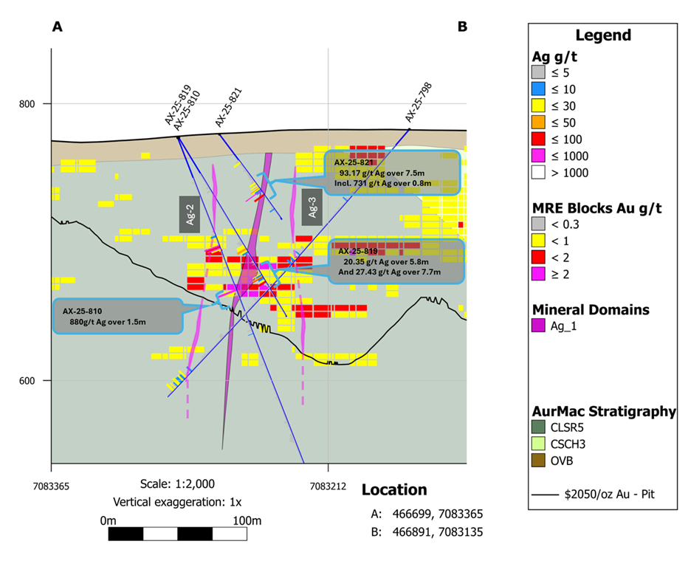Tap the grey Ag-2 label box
(x=190, y=214)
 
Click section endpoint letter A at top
(x=56, y=27)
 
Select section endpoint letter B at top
(x=462, y=27)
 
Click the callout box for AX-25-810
(x=118, y=317)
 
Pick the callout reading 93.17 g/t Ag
(x=392, y=172)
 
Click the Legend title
(x=603, y=35)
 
